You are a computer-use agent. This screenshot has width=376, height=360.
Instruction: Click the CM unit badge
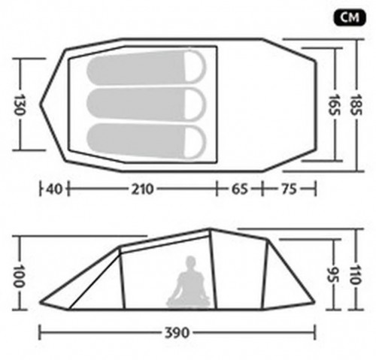pyautogui.click(x=350, y=17)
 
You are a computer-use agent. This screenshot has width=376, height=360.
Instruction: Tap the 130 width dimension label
pyautogui.click(x=19, y=104)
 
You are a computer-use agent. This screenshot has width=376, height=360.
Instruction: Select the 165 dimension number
pyautogui.click(x=334, y=104)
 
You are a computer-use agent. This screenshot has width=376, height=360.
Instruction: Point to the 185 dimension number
pyautogui.click(x=356, y=104)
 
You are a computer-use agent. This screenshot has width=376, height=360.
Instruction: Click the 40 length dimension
pyautogui.click(x=54, y=189)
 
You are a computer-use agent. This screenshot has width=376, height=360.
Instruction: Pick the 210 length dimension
pyautogui.click(x=142, y=189)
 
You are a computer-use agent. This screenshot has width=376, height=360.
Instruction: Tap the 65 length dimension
pyautogui.click(x=239, y=189)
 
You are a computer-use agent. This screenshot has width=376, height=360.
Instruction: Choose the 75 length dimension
pyautogui.click(x=289, y=189)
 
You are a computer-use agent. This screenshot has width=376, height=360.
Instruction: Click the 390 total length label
pyautogui.click(x=177, y=333)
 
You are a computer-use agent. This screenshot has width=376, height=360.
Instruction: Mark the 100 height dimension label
pyautogui.click(x=19, y=276)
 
